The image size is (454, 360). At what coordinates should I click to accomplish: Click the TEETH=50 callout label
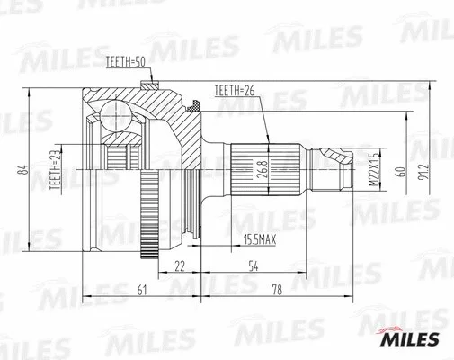[125, 61]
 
